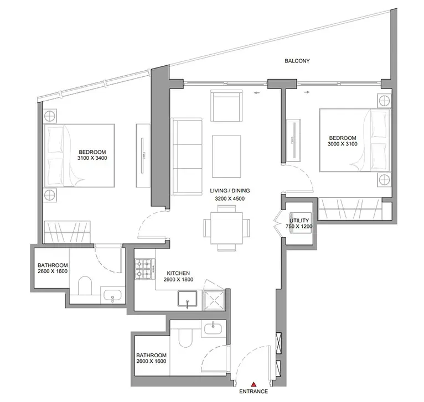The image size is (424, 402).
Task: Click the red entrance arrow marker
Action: [253, 383]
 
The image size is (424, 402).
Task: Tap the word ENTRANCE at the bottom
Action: [253, 393]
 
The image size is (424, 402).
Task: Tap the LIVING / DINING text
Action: [227, 191]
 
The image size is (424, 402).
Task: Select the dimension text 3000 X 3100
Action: [343, 145]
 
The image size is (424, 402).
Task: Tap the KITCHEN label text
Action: [178, 273]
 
